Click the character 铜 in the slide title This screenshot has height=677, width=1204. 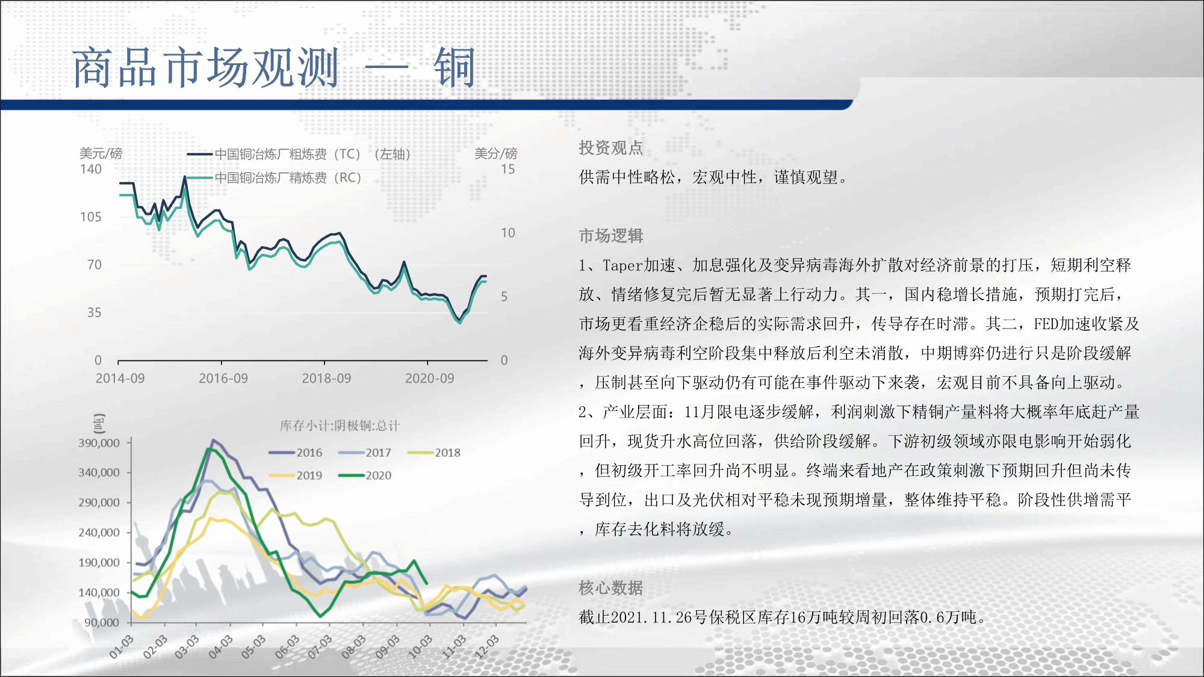click(455, 68)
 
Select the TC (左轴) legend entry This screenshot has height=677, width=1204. click(299, 154)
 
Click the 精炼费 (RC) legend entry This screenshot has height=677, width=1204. click(274, 178)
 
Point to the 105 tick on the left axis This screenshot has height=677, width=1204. click(91, 217)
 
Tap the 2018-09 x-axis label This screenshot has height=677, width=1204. click(326, 378)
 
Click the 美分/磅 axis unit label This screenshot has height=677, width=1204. click(495, 153)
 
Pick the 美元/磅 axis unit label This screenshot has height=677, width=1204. click(101, 153)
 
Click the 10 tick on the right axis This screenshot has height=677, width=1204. click(508, 233)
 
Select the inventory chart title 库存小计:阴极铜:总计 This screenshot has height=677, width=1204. click(340, 426)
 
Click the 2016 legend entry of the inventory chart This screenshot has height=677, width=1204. click(296, 453)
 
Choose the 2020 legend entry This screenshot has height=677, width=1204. click(365, 475)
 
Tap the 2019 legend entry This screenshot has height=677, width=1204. click(296, 475)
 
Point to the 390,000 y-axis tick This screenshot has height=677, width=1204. click(99, 443)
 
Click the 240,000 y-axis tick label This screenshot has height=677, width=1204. click(99, 533)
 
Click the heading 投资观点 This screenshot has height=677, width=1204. click(611, 148)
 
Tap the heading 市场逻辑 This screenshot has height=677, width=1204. click(611, 236)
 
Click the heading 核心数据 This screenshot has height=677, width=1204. click(611, 588)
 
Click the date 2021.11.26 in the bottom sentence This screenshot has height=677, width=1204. click(651, 617)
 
